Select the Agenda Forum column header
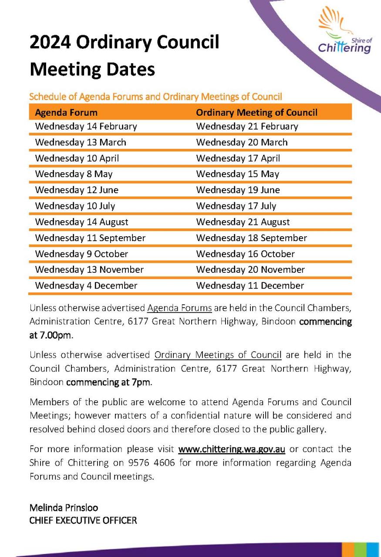66,112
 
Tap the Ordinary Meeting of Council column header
256,112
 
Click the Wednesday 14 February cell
86,126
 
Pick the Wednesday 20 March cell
242,142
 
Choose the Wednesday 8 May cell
74,174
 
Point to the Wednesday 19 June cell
238,190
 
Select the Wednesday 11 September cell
90,238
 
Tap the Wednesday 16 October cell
245,254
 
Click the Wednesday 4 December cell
86,285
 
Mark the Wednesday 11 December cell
250,285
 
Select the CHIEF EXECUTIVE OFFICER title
83,520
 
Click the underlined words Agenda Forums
179,309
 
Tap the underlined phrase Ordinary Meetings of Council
218,355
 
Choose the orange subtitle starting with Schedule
155,96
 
